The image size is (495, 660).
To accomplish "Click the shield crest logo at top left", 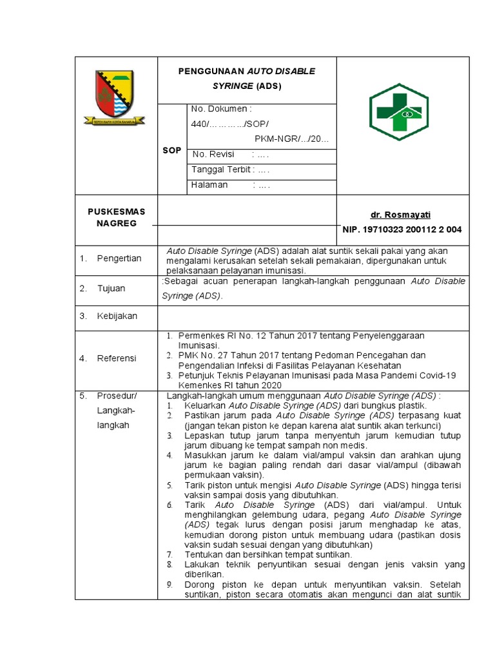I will click(115, 97).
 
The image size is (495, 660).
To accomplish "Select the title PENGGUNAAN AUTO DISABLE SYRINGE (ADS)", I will click(247, 78).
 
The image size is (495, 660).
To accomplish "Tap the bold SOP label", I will click(171, 150).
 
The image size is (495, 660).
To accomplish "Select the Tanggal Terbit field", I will click(230, 170).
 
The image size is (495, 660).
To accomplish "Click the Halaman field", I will click(230, 185).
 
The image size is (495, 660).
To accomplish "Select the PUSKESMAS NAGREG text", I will click(117, 217).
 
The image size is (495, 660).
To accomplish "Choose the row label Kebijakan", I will click(117, 316).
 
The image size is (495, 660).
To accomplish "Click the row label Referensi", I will click(117, 358).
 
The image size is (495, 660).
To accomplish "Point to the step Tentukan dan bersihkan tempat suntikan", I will click(268, 554).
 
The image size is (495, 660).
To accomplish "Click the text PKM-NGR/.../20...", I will click(291, 138).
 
